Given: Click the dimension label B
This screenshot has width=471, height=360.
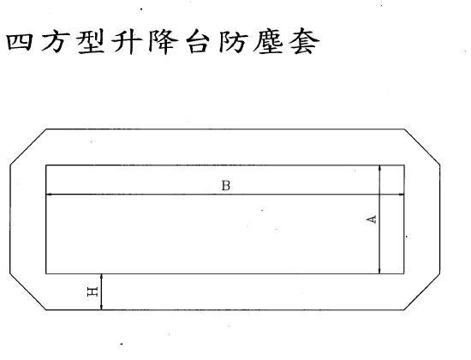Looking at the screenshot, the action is point(226,185).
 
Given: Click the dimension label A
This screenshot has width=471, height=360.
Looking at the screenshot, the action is point(373,219).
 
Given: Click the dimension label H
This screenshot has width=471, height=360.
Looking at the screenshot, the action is point(92,291).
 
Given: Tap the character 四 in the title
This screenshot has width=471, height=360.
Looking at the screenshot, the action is point(19,42).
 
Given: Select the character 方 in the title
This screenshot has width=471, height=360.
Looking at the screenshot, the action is point(53,42).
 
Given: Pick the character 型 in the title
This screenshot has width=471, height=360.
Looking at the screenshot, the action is point(90,42).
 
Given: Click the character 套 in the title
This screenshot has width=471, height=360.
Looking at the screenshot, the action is point(304,42).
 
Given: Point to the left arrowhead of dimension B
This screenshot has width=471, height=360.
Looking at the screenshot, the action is point(49,195).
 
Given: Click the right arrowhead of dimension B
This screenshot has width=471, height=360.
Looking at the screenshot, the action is point(401,195).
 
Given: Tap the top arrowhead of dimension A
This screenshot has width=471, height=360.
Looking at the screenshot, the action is point(380,168).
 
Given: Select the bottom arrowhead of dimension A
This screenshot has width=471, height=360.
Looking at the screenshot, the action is point(380,271).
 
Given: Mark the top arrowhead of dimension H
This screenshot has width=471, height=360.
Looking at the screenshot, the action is point(102,277).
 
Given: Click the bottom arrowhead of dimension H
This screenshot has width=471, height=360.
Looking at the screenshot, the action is point(102,307).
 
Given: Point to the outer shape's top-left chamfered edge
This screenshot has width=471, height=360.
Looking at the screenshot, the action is point(28,147).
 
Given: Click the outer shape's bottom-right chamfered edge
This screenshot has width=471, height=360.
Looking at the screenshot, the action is point(422,291).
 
